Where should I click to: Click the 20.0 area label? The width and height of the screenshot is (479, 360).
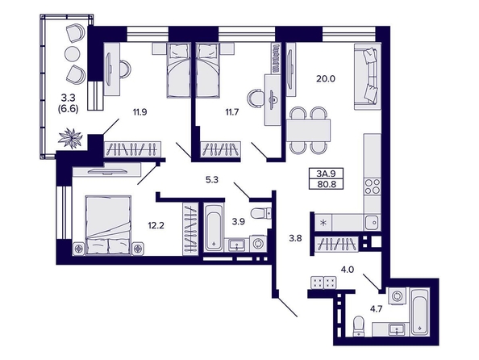[x=326, y=79]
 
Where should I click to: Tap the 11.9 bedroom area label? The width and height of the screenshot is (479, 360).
[x=140, y=112]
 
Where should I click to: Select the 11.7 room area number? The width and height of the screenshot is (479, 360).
[x=232, y=112]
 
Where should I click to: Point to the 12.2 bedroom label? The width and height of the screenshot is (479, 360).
[x=156, y=226]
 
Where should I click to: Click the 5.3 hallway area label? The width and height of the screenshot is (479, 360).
[x=212, y=180]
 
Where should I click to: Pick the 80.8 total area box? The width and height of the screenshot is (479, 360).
[x=326, y=184]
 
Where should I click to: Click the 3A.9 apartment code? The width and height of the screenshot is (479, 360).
[x=326, y=174]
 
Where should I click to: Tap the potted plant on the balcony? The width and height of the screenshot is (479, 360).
[x=71, y=139]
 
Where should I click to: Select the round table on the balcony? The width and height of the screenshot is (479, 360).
[x=73, y=54]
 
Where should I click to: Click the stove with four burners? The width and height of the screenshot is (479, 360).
[x=373, y=186]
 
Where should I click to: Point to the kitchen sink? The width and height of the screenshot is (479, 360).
[x=373, y=222]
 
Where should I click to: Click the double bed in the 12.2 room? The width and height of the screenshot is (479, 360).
[x=108, y=225]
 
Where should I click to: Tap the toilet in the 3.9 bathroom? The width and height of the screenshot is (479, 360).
[x=260, y=213]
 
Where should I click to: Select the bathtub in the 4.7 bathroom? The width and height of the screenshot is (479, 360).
[x=420, y=312]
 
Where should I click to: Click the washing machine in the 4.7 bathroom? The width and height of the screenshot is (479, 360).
[x=398, y=296]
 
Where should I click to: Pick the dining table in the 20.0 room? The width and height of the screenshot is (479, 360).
[x=309, y=130]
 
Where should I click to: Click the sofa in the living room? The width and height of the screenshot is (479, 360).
[x=368, y=77]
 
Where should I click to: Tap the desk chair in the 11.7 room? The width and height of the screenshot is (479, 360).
[x=255, y=98]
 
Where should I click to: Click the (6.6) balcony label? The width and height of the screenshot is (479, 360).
[x=68, y=109]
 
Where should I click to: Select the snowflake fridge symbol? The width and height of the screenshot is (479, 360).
[x=323, y=222]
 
